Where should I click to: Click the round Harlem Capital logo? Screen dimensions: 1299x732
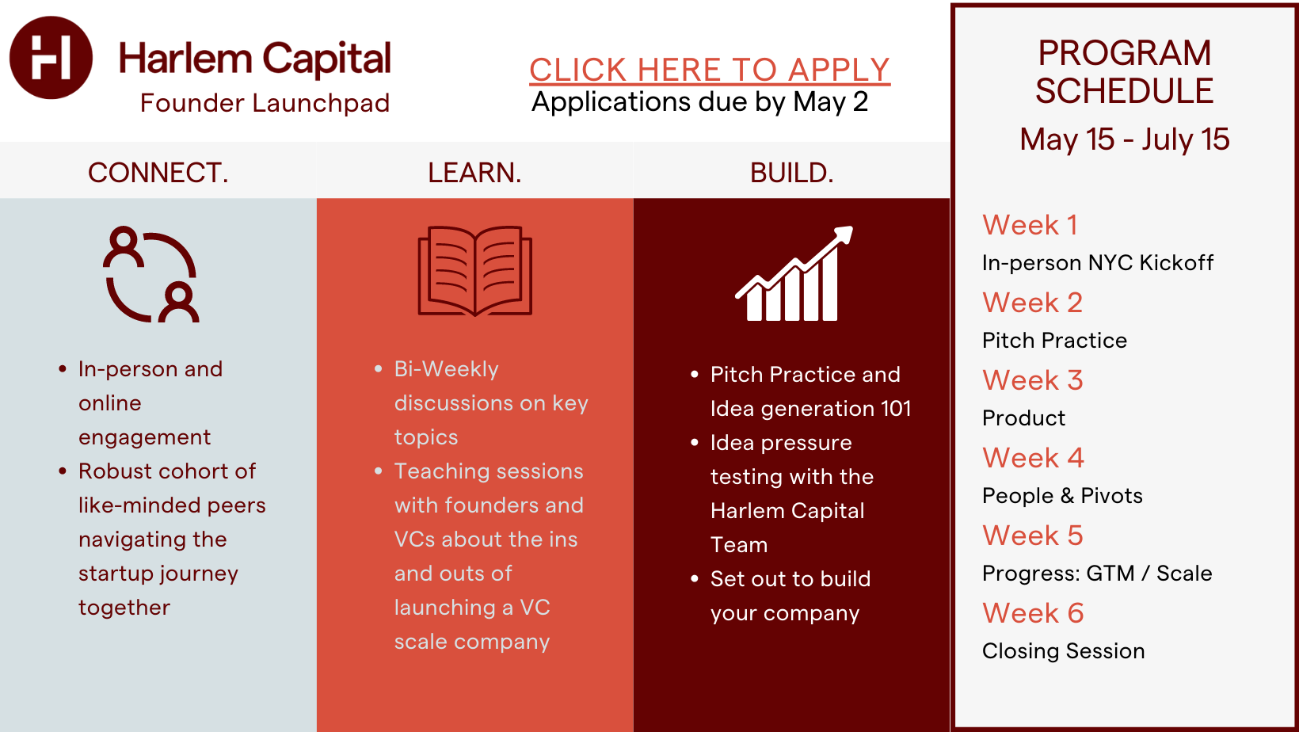[51, 57]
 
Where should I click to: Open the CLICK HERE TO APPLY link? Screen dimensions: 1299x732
[710, 71]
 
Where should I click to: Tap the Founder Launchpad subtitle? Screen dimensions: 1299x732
[265, 103]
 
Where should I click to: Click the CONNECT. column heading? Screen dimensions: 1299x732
[158, 173]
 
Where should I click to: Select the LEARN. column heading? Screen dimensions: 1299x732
[475, 173]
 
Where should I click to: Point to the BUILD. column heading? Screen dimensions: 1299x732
[791, 173]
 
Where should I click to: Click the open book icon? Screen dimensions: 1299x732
[475, 271]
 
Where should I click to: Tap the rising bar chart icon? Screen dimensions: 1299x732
[794, 273]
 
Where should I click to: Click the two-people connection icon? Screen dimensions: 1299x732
[151, 274]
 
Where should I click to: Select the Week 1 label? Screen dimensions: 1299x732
[1030, 225]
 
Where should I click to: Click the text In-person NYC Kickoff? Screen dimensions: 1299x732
[1098, 263]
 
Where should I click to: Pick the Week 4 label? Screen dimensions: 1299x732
[1034, 458]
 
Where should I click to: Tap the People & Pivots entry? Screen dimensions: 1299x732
[1062, 496]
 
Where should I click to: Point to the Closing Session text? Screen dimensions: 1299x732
[1064, 651]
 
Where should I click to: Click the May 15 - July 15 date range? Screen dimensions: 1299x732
[1125, 139]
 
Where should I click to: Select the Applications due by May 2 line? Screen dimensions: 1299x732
[699, 102]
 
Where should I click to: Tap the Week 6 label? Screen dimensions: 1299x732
[1034, 614]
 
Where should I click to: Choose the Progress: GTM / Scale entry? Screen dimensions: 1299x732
[1097, 574]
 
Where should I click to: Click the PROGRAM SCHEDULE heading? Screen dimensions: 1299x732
[1125, 72]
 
